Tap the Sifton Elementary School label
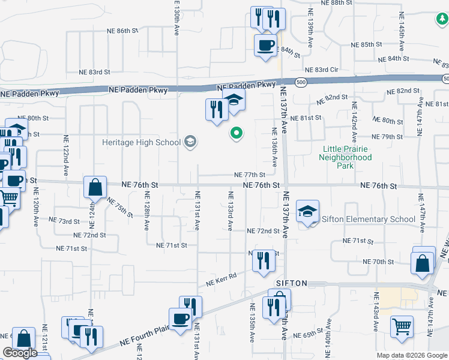(369, 219)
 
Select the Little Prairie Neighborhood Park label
(347, 157)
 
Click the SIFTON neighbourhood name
(292, 283)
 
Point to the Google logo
(20, 353)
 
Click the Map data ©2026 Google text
(412, 355)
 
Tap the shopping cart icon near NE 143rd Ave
(402, 326)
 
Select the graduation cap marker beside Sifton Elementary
(307, 211)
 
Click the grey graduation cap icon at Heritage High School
(190, 142)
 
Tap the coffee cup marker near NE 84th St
(265, 45)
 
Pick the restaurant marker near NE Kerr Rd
(264, 260)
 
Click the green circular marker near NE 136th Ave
(237, 134)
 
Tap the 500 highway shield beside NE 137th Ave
(301, 81)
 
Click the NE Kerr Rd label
(221, 279)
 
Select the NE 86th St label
(122, 30)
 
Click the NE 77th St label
(250, 175)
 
